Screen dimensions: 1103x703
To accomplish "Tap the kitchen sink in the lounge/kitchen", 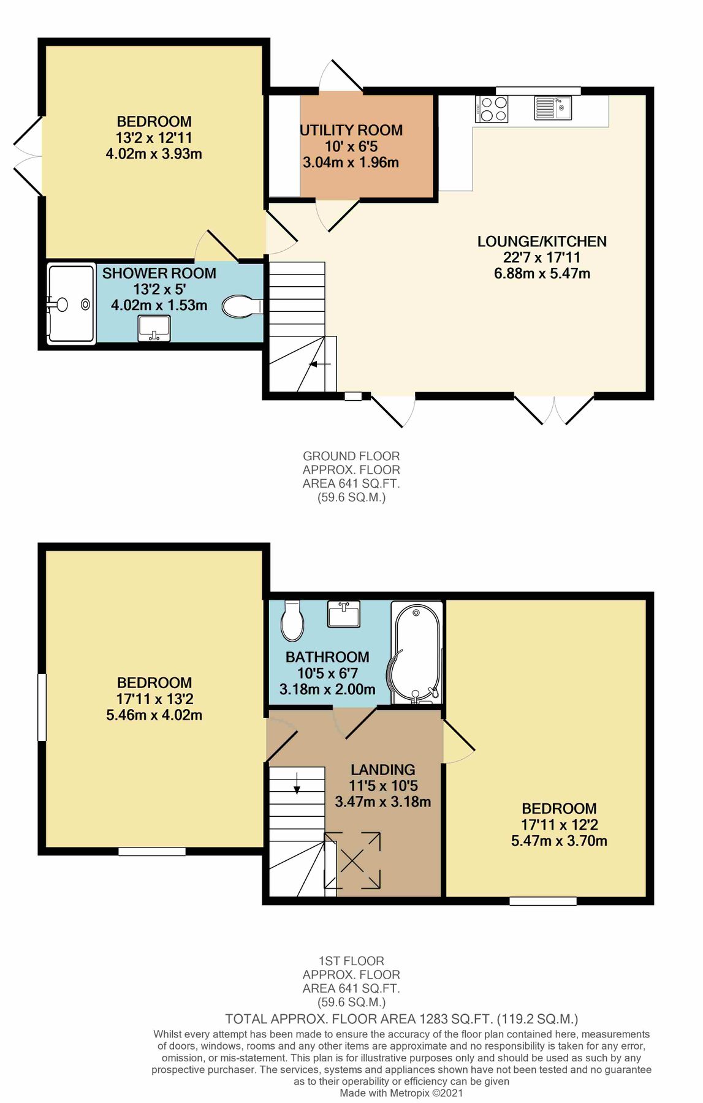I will tap(553, 108).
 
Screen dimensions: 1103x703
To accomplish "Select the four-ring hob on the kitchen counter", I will tap(492, 109).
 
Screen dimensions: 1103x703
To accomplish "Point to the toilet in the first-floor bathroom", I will tap(292, 621).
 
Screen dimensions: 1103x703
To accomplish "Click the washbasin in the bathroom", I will tap(343, 614).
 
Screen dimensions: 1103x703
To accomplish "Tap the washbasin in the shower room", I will tap(154, 328).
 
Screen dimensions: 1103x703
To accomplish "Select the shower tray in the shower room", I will tap(71, 303).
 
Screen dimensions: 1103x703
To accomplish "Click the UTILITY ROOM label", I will tap(351, 131).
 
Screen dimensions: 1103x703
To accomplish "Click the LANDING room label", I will tap(383, 770).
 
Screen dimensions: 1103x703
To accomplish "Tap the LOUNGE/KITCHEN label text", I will tap(542, 241).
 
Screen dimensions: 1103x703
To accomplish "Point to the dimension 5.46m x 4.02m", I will tap(154, 715).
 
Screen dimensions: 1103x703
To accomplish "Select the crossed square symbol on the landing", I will tap(352, 860).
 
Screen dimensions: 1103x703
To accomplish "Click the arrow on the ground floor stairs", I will tap(319, 364).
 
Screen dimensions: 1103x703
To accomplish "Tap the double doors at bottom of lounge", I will tap(553, 411).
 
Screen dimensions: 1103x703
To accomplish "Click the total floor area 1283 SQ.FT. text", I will tap(401, 1019).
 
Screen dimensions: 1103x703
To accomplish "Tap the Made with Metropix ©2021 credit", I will tap(401, 1093).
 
